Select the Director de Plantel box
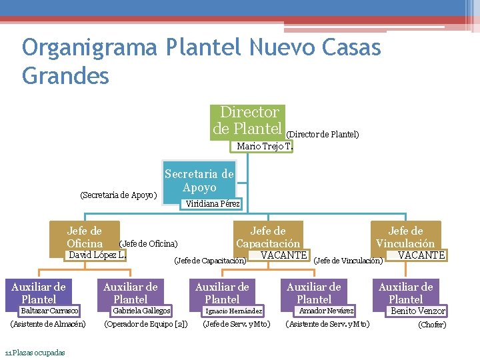[249, 120]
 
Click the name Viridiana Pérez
[213, 203]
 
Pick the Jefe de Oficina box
[85, 237]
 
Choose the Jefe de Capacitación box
[268, 237]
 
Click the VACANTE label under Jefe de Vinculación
[421, 255]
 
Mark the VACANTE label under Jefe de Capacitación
[284, 255]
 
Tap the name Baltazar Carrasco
[49, 311]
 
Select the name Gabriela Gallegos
[141, 311]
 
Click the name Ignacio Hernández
[233, 311]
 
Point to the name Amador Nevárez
[326, 311]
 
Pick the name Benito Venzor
[417, 311]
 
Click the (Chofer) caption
[431, 325]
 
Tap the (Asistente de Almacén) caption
[48, 325]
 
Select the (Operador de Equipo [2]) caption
[145, 325]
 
